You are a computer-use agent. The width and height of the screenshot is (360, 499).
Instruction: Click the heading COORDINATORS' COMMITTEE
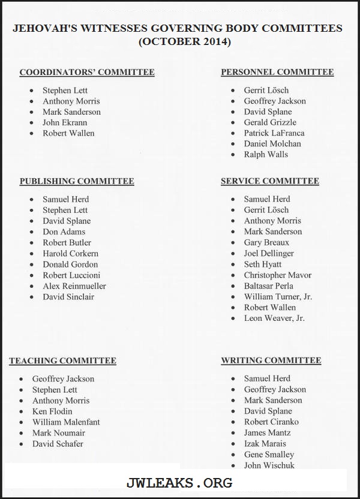[x=87, y=73]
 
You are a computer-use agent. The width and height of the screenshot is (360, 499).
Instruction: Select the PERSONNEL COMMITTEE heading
[x=277, y=72]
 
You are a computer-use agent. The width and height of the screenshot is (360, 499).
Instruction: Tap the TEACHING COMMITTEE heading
[x=62, y=361]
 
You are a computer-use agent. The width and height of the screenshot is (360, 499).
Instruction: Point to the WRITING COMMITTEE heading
[x=271, y=360]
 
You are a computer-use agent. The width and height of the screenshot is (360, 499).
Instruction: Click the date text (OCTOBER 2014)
[x=184, y=42]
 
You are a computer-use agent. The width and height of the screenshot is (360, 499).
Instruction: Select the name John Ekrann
[x=65, y=122]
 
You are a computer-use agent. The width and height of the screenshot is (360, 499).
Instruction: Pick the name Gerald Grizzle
[x=270, y=122]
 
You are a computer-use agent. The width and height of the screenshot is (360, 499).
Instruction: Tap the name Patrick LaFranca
[x=274, y=133]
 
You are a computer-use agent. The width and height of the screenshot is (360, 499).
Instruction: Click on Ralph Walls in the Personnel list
[x=266, y=155]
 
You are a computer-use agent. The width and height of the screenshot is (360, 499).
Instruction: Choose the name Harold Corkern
[x=70, y=254]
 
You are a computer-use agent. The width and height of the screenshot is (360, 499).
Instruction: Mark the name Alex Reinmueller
[x=74, y=286]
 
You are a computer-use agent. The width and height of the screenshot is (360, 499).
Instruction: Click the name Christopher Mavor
[x=278, y=275]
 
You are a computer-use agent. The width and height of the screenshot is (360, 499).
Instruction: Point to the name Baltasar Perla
[x=269, y=286]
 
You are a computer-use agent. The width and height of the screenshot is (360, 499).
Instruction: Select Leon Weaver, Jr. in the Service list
[x=274, y=318]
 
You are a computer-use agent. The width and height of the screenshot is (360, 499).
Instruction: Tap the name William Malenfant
[x=66, y=422]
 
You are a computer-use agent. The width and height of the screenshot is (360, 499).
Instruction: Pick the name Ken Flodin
[x=52, y=411]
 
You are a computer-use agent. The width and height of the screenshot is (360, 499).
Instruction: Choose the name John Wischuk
[x=269, y=465]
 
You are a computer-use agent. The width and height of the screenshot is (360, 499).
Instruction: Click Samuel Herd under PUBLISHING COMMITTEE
[x=65, y=199]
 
